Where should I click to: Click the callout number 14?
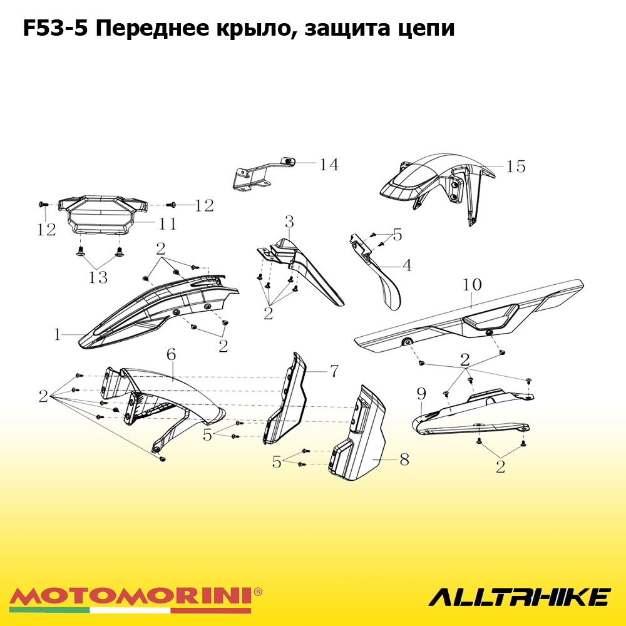pos(329,165)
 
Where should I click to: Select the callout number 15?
pos(516,167)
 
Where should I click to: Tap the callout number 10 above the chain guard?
pos(472,285)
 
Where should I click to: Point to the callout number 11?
pos(168,223)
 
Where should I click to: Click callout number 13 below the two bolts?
pos(98,277)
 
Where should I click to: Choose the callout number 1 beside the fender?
pos(58,334)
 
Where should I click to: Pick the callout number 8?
pos(404,460)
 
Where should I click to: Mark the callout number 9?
pos(421,394)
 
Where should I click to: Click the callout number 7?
pos(334,371)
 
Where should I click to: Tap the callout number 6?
pos(172,354)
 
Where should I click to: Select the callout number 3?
pos(289,222)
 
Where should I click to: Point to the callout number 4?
pos(407,265)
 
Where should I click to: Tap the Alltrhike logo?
pos(520,597)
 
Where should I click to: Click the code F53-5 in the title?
pos(55,29)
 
